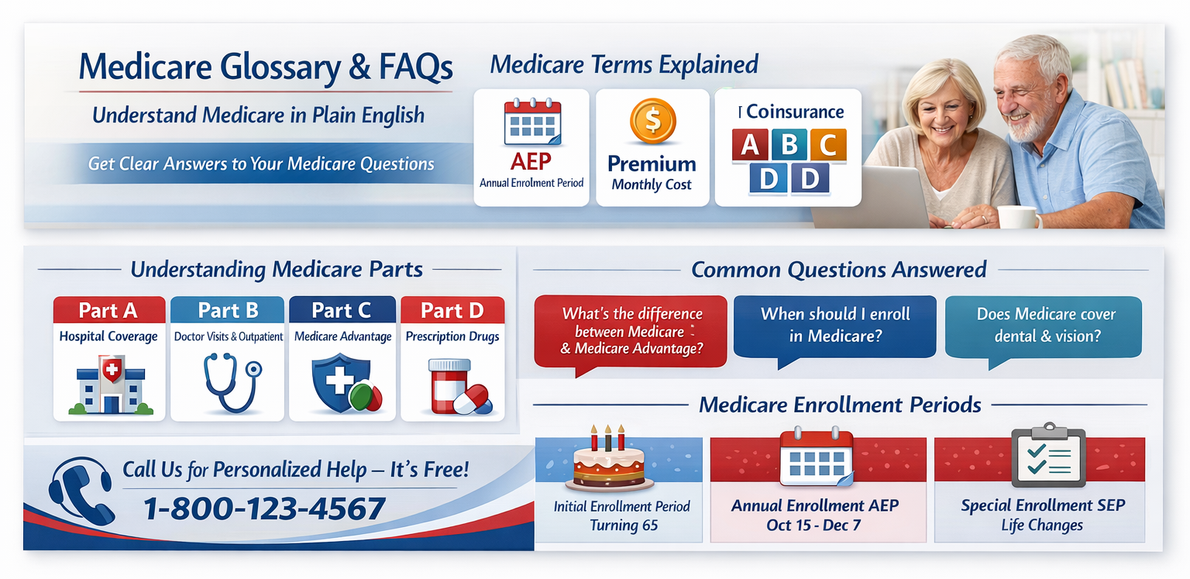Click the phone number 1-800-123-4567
(x=264, y=508)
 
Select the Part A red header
(x=109, y=310)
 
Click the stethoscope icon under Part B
(x=232, y=383)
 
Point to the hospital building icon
(x=111, y=385)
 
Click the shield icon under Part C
(x=346, y=384)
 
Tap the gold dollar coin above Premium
(x=653, y=121)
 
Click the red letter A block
(x=750, y=145)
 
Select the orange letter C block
(x=828, y=144)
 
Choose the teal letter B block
(x=789, y=144)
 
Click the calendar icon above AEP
(x=532, y=122)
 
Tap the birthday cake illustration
(x=609, y=459)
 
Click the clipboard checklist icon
(x=1048, y=455)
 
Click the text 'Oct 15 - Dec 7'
(x=813, y=526)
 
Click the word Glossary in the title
(x=280, y=67)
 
